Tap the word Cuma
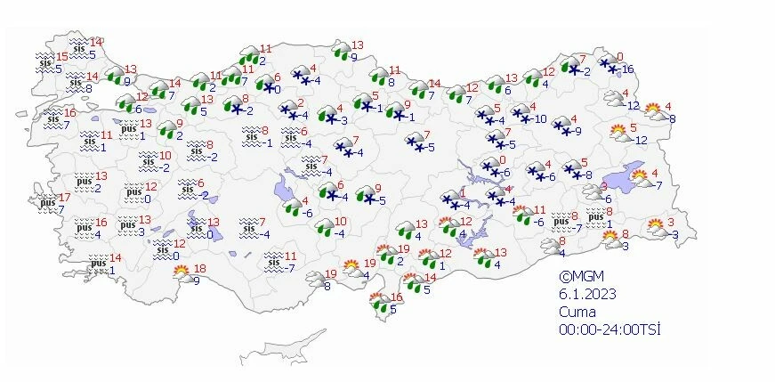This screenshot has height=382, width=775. click(576, 312)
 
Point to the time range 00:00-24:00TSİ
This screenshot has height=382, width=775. click(609, 329)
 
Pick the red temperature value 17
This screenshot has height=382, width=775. click(63, 197)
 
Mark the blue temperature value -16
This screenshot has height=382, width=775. click(627, 69)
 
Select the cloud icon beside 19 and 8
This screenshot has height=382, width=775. click(312, 280)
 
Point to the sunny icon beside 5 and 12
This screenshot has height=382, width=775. click(619, 134)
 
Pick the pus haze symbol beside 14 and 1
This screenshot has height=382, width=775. click(99, 264)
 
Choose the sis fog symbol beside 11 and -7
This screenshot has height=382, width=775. click(273, 261)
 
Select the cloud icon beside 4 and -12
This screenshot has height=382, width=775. click(614, 99)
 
